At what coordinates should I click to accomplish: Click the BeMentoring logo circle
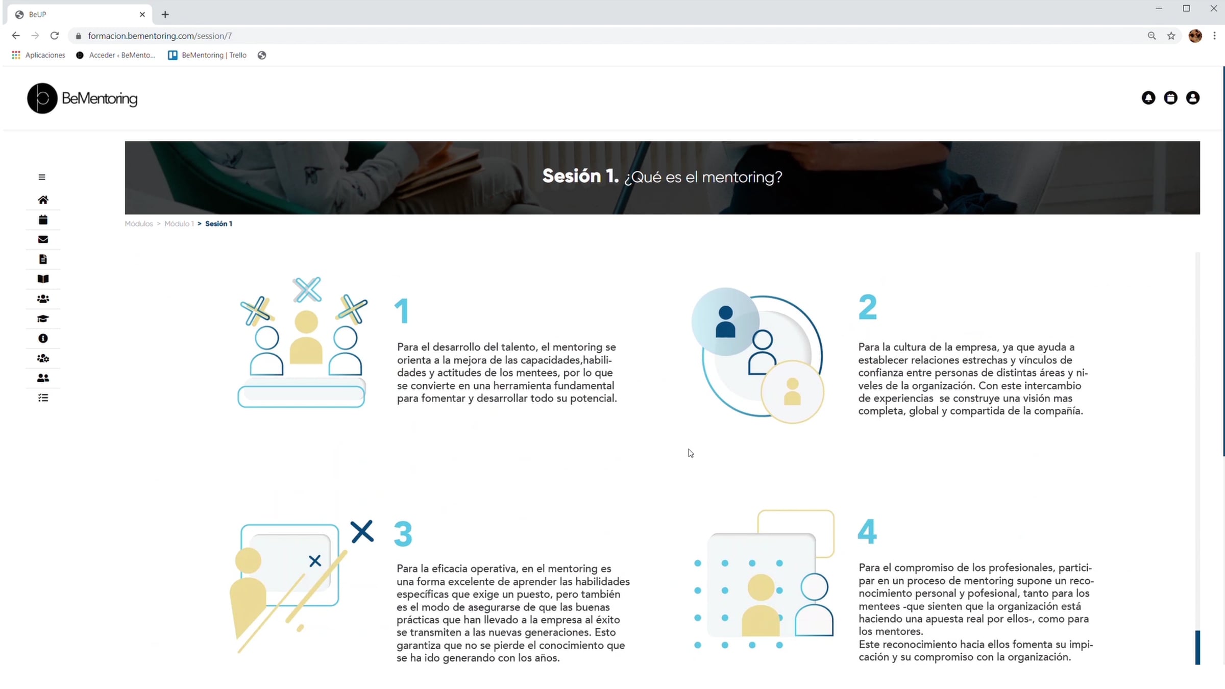[42, 98]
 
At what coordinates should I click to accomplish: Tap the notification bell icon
[1148, 97]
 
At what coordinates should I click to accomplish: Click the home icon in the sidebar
[43, 200]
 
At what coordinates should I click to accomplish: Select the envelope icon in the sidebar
[43, 239]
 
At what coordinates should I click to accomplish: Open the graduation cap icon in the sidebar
[43, 319]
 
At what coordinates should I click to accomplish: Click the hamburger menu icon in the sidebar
[42, 177]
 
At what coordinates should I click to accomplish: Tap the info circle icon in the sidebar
[43, 338]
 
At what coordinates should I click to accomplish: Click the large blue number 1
[402, 311]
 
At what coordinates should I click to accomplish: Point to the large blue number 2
[868, 307]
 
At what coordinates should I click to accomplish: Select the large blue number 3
[403, 534]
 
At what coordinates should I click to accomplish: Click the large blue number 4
[867, 531]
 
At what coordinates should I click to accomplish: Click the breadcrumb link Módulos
[139, 224]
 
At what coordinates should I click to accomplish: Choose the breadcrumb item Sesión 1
[218, 224]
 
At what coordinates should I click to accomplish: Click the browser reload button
[55, 36]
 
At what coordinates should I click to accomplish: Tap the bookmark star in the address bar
[1171, 36]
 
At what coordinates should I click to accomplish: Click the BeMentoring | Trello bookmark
[207, 55]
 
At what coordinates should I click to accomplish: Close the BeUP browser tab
[142, 14]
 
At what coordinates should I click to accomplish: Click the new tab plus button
[165, 14]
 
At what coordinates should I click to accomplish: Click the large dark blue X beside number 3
[362, 532]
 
